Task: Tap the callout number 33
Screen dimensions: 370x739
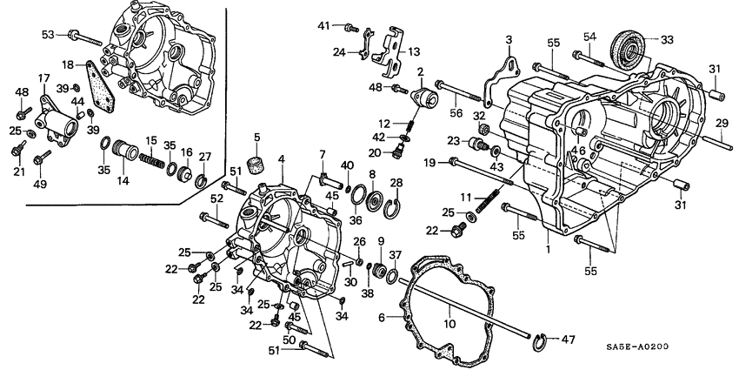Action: coord(667,39)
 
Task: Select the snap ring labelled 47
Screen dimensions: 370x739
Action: coord(543,338)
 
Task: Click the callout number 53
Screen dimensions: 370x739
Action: coord(48,35)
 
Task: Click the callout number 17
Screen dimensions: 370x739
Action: coord(43,77)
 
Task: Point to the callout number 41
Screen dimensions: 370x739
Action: coord(324,25)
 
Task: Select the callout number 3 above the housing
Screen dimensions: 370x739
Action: coord(509,40)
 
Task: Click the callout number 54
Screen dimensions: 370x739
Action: coord(589,36)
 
